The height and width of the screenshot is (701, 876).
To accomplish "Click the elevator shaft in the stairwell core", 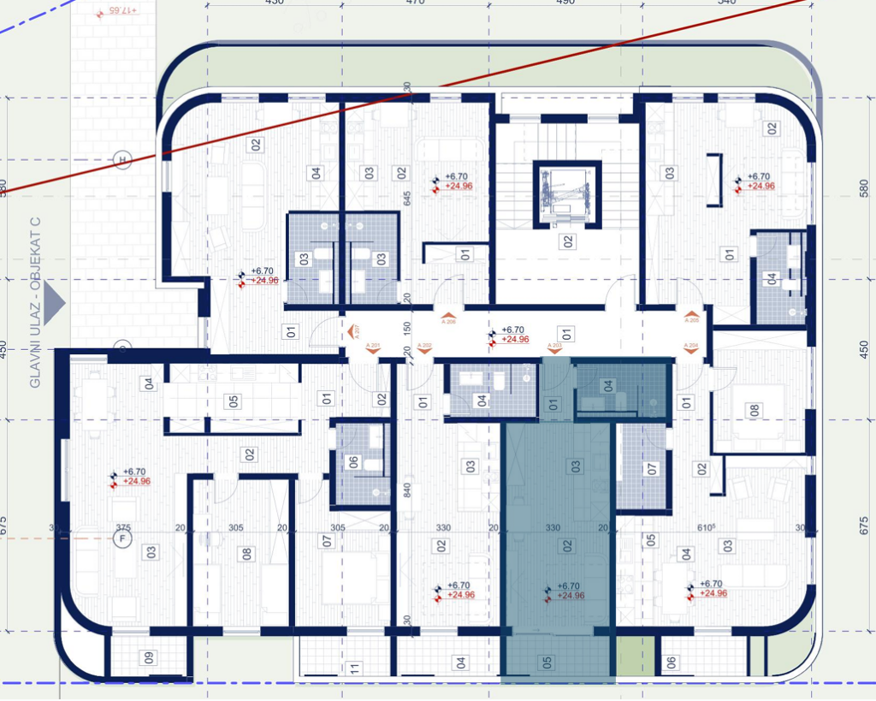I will [x=562, y=193].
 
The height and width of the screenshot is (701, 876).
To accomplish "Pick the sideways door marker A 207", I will [x=356, y=330].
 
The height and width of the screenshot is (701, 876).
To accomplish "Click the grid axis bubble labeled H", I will [x=122, y=160].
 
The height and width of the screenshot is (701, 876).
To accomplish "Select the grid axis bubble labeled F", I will [x=122, y=538].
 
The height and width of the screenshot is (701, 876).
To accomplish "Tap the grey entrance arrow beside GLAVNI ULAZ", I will [x=54, y=302].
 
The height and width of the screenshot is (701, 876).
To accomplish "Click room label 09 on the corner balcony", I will [x=149, y=658].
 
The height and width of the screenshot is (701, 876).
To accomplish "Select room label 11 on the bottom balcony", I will [x=352, y=668].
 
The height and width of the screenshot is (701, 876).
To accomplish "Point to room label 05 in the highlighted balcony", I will [x=547, y=661].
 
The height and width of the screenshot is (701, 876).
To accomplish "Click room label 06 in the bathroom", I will [x=354, y=462].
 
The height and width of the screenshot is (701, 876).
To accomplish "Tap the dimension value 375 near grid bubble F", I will [x=123, y=528].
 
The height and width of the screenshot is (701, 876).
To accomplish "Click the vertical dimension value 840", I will [x=408, y=490].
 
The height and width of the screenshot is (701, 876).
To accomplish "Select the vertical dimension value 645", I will [x=408, y=198].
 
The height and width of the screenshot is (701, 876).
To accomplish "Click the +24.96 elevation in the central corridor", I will [x=516, y=340].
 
